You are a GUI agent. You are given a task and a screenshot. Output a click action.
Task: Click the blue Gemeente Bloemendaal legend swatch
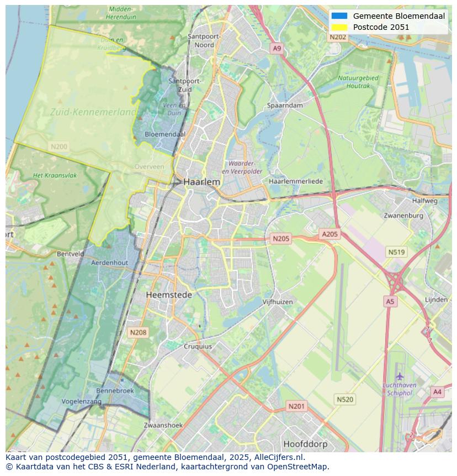tap(339, 16)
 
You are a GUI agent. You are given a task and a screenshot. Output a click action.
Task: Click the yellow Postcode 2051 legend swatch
tap(339, 27)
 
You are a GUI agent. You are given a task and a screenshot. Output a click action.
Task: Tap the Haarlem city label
tap(201, 182)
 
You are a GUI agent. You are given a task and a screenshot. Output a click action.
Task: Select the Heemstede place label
tap(169, 295)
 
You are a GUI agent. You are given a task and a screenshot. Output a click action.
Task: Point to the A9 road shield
tap(277, 49)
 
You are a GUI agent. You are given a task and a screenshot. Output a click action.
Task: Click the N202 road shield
tap(338, 37)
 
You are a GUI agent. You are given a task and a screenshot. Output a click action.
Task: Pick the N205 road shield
tap(281, 239)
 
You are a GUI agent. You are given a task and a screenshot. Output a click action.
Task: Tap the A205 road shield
tap(330, 234)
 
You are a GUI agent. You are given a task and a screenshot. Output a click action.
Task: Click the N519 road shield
tap(396, 252)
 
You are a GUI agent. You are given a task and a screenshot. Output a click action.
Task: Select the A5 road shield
tap(390, 301)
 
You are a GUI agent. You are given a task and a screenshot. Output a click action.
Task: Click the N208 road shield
tap(137, 332)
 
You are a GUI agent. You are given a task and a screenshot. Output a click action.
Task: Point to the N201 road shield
tap(296, 406)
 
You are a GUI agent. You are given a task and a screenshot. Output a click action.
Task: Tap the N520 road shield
tap(345, 399)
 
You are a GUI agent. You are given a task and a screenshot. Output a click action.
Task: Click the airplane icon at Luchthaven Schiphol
tap(400, 376)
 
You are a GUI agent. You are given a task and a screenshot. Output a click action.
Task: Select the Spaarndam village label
tap(285, 105)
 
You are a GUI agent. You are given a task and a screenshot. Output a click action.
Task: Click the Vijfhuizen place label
tap(278, 302)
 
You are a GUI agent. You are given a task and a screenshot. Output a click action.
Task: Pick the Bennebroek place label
tap(115, 390)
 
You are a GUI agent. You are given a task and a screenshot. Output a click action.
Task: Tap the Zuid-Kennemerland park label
tap(93, 112)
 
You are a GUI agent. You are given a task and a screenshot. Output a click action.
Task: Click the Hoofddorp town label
tap(305, 444)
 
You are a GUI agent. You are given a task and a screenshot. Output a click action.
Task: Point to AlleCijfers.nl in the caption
tap(279, 458)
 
